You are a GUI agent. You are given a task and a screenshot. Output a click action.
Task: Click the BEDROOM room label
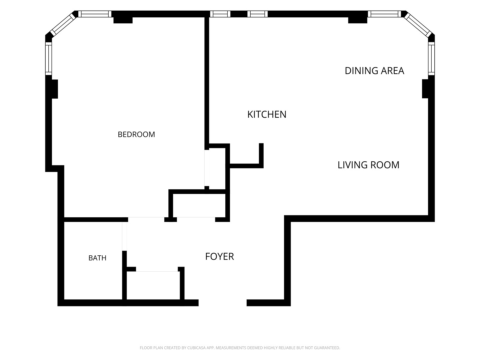pos(136,134)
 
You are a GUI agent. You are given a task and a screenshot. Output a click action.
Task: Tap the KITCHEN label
pos(267,115)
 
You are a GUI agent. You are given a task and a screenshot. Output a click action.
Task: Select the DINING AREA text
pos(374,71)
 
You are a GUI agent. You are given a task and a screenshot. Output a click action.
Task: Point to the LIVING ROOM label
pos(368,165)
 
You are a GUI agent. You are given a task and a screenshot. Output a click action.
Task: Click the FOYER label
pos(220,256)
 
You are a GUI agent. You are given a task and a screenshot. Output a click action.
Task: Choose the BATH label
pos(97,258)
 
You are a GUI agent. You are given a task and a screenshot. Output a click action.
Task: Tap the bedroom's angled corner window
pos(63,24)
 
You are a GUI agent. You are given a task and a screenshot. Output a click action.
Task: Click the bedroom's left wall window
pos(49,59)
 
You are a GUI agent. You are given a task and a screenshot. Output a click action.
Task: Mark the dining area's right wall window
pos(431,59)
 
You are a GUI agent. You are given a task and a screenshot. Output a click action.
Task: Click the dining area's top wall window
pos(384,14)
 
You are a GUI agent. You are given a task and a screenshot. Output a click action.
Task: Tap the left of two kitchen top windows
pos(220,14)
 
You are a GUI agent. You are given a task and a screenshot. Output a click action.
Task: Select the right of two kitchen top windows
pos(258,14)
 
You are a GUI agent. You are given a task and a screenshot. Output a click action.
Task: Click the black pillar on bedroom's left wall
pos(55,89)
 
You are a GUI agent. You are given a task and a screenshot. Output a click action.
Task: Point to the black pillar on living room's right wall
pos(425,89)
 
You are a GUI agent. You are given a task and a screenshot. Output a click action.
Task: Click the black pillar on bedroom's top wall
pos(123,20)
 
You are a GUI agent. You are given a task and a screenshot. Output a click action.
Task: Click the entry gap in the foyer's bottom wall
pos(223,303)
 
